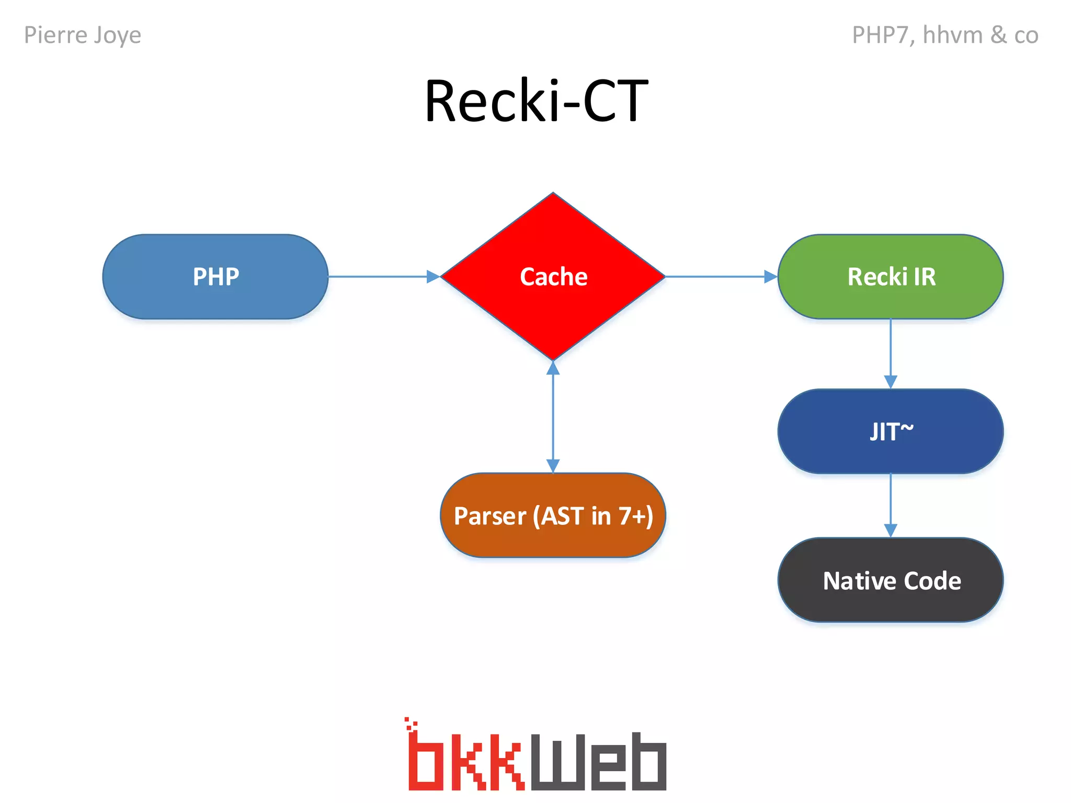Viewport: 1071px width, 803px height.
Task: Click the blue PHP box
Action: [215, 277]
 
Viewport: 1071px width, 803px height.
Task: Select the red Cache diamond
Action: [553, 277]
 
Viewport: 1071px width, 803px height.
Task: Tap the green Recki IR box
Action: [891, 277]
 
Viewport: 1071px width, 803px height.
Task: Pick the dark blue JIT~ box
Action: [891, 431]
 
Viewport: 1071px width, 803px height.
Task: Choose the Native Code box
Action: [891, 580]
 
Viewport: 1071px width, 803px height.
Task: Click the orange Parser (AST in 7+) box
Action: [553, 515]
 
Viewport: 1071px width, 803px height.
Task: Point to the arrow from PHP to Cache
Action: [384, 277]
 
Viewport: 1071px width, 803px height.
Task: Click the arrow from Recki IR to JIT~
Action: [891, 353]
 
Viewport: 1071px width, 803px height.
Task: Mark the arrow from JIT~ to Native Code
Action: [891, 505]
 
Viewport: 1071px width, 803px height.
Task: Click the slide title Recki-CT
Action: [536, 100]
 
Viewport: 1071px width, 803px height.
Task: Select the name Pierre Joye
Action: [83, 36]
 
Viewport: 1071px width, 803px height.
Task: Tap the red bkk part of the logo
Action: [465, 761]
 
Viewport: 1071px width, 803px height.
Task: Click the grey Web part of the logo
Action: [599, 762]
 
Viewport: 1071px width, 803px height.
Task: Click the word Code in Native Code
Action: [932, 581]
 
